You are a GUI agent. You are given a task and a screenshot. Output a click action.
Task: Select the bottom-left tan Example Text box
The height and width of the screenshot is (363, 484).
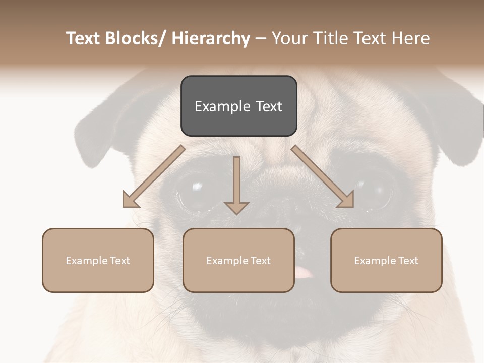pos(98,260)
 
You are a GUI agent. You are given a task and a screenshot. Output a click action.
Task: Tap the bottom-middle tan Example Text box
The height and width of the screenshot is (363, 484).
pos(238,260)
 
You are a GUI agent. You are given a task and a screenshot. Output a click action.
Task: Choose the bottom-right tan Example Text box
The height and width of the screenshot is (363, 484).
pos(386,260)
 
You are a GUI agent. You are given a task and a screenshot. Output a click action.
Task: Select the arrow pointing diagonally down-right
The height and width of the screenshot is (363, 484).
pos(323,176)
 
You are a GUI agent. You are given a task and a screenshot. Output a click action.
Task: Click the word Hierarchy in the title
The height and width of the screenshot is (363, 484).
pos(210,38)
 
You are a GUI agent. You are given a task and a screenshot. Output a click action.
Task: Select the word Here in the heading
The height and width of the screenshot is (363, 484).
pos(411,38)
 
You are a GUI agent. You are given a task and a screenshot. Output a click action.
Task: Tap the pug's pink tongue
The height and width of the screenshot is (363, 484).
pos(304,273)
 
